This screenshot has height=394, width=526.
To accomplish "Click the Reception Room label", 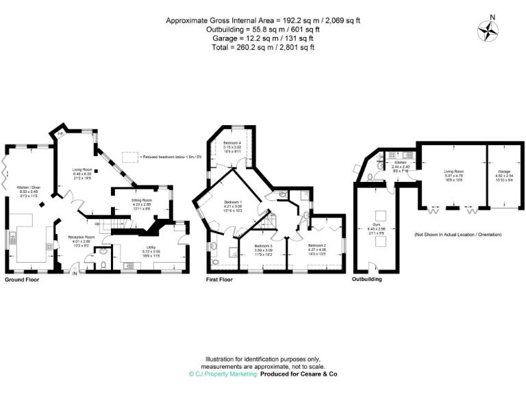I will click(82, 237).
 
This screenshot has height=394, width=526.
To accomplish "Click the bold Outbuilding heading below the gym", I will click(367, 280).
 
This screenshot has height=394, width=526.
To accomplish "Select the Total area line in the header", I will click(263, 47).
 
